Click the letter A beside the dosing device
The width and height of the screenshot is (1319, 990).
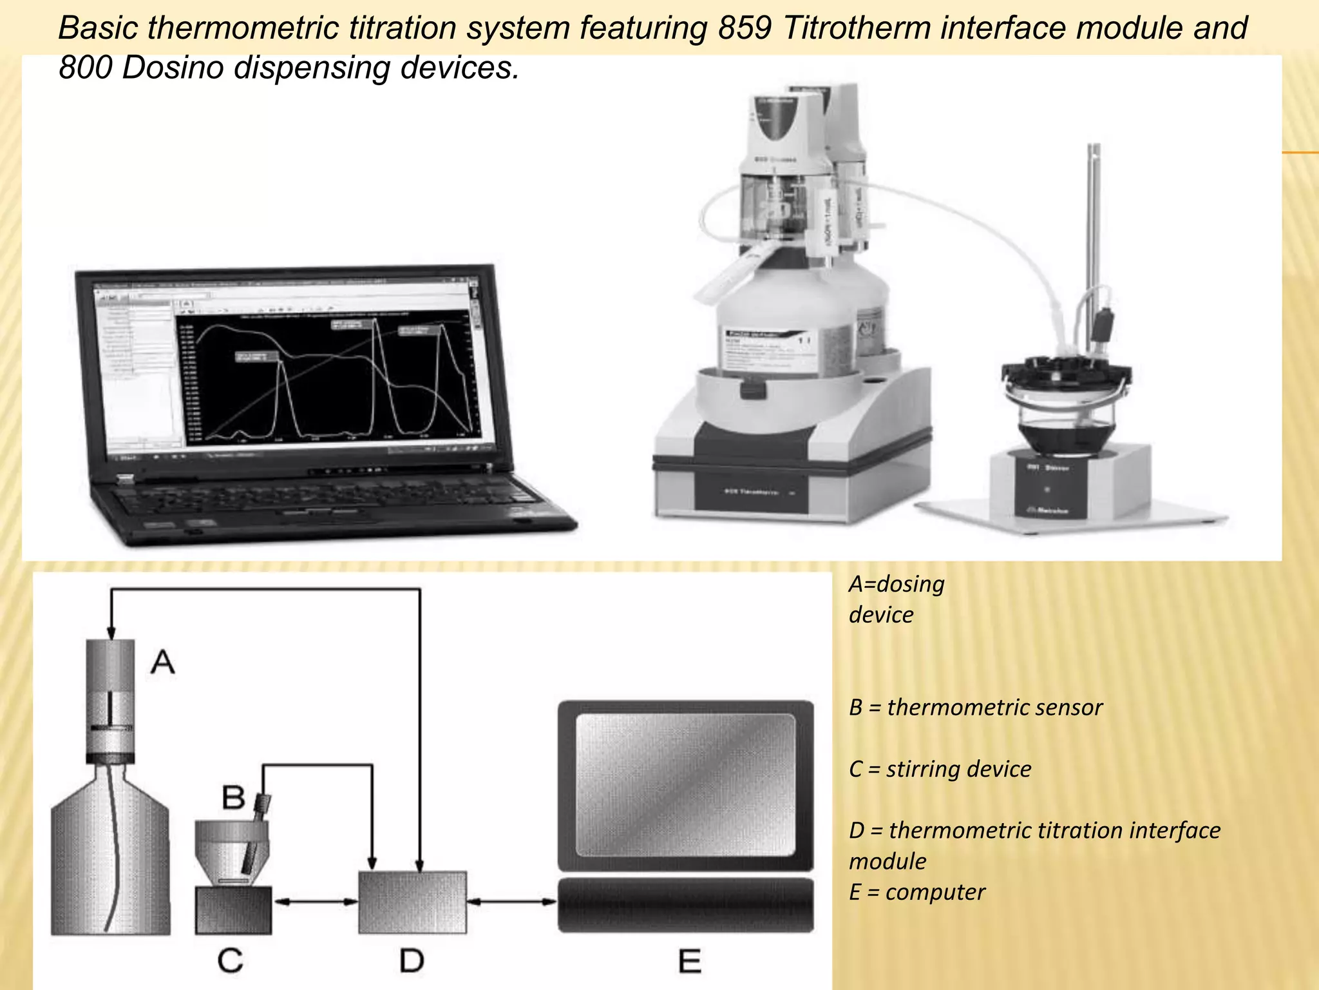(162, 662)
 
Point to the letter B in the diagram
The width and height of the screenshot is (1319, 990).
(233, 797)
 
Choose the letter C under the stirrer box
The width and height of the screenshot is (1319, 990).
(230, 960)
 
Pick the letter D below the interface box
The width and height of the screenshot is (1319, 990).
(412, 961)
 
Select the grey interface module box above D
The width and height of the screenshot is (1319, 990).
(412, 902)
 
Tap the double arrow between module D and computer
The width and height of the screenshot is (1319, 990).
(511, 902)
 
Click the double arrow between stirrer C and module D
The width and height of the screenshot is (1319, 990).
(315, 902)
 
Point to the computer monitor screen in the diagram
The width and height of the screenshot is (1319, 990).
(685, 785)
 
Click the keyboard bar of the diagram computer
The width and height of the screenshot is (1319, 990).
(685, 905)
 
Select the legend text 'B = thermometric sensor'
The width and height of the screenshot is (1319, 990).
(975, 708)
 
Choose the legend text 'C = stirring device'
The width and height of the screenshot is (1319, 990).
(940, 769)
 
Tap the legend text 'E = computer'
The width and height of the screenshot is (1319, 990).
(916, 892)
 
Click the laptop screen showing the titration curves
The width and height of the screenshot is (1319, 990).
(328, 377)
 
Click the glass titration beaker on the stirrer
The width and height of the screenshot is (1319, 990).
(1066, 419)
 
